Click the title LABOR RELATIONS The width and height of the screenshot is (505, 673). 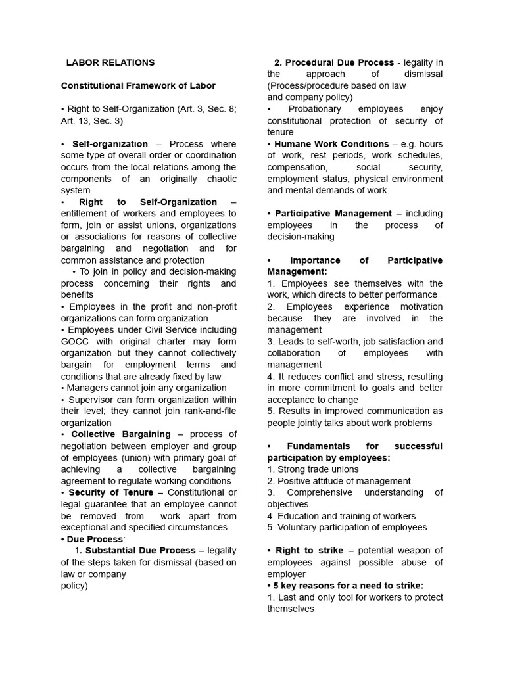pos(110,63)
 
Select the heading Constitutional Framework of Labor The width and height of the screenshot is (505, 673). pos(138,86)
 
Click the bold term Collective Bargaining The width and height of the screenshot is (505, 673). pos(120,434)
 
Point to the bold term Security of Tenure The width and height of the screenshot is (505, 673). pos(110,492)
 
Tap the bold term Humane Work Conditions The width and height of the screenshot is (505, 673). pos(331,144)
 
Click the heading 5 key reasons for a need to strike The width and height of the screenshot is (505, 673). pos(349,586)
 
